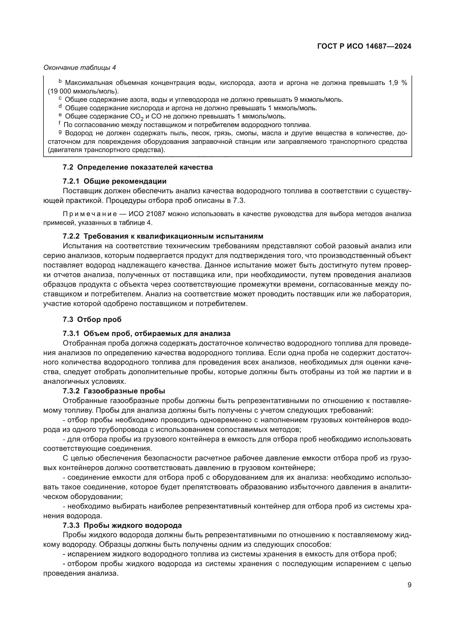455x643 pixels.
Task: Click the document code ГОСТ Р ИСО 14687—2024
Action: (x=364, y=46)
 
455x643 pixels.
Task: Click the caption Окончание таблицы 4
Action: (x=80, y=68)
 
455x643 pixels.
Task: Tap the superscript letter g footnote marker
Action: (x=60, y=132)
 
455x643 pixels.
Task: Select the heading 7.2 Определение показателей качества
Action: (x=138, y=167)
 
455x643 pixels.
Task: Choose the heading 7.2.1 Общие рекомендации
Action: (x=115, y=181)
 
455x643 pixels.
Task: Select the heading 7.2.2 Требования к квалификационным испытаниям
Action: (x=163, y=236)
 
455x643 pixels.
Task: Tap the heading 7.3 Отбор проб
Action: (x=92, y=319)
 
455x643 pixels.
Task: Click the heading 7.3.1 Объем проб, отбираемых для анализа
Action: (x=147, y=333)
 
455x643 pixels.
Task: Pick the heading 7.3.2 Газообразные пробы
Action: (x=114, y=391)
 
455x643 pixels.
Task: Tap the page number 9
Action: (x=409, y=585)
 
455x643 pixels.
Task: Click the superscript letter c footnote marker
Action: (x=60, y=99)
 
